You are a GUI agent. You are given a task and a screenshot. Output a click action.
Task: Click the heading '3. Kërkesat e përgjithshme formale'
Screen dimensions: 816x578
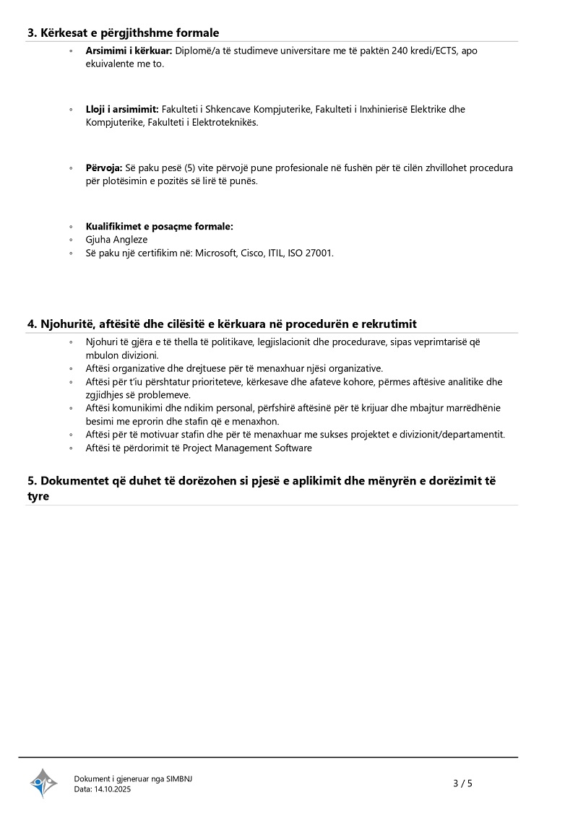coord(123,32)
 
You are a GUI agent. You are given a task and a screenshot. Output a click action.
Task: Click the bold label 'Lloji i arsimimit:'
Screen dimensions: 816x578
coord(122,109)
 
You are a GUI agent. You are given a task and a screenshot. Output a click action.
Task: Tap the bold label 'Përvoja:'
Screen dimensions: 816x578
coord(104,168)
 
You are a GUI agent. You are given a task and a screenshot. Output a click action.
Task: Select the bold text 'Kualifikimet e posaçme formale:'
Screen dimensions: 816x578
coord(159,226)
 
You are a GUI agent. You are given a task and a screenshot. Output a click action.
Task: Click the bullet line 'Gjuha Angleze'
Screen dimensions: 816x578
coord(116,239)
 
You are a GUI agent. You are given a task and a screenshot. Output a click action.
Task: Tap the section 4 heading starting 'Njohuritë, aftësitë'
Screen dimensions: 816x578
coord(222,324)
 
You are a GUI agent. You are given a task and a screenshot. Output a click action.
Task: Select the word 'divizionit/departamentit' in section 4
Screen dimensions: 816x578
coord(454,434)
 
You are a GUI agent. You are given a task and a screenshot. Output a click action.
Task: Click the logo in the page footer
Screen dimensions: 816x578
coord(43,783)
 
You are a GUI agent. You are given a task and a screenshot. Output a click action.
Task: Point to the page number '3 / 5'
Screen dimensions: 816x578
coord(462,783)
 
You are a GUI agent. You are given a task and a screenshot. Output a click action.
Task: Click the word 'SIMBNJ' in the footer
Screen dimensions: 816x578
coord(179,778)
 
